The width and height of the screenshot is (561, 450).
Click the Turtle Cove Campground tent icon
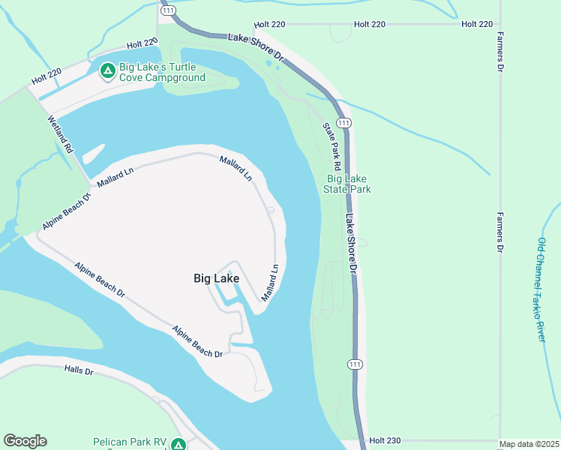click(107, 70)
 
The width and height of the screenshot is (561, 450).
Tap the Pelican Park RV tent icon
click(178, 444)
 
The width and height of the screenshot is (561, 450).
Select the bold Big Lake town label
click(217, 278)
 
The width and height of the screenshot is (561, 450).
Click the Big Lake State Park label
click(349, 184)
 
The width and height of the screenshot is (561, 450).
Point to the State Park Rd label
click(332, 145)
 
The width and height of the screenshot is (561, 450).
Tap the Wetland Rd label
click(60, 134)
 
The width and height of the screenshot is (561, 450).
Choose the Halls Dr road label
click(78, 370)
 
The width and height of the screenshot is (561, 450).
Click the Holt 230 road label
click(386, 440)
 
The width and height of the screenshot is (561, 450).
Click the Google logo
click(25, 441)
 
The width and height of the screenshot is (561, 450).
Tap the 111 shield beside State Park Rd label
click(343, 122)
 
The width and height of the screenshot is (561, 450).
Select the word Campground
click(173, 77)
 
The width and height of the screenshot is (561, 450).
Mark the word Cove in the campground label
click(130, 77)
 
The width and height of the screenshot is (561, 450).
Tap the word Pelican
click(109, 442)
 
